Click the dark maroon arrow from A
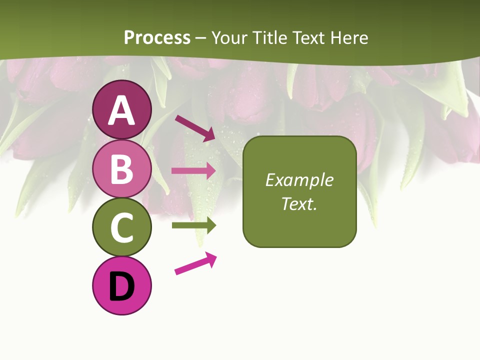coord(194,128)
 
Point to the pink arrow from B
coord(193,170)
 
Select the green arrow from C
coord(193,225)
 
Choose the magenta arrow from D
coord(195,263)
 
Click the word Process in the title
coord(157,37)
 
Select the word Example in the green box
coord(299,180)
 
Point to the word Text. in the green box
coord(299,203)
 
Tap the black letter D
coord(122,286)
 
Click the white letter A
coord(122,110)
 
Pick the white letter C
coord(122,228)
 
